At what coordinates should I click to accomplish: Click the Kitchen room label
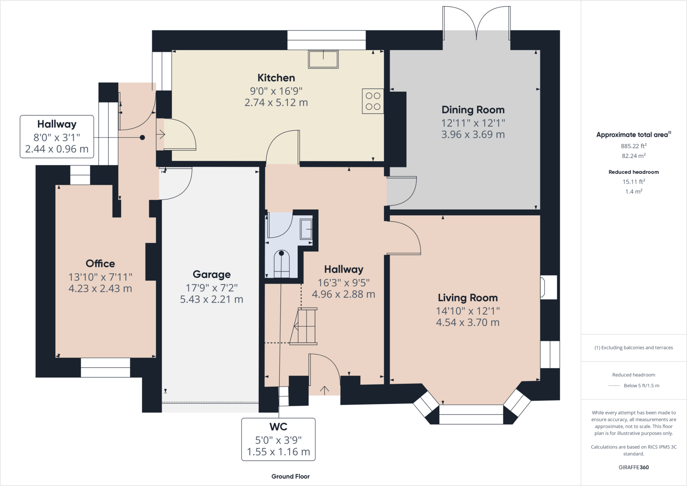pos(276,78)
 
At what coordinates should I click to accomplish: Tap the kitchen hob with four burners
pos(373,101)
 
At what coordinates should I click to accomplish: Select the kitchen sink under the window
pos(323,59)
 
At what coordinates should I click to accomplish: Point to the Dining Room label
pos(473,110)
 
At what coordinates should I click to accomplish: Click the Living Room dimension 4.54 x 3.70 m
pos(468,322)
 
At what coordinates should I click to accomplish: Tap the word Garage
pos(212,274)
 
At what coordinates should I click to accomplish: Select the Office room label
pos(100,264)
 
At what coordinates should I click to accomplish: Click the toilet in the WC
pos(281,264)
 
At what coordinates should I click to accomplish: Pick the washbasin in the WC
pos(306,229)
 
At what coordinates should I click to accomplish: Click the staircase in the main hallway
pos(304,326)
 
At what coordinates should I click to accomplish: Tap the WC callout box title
pos(278,427)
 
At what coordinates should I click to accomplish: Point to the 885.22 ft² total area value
pos(634,146)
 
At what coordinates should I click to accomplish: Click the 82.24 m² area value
pos(634,156)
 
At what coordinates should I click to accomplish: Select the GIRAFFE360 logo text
pos(634,467)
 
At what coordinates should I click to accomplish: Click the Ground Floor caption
pos(290,476)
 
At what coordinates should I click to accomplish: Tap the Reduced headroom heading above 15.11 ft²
pos(634,172)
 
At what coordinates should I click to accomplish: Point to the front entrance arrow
pos(324,390)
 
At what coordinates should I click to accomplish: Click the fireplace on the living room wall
pos(548,287)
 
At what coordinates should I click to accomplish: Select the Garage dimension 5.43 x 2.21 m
pos(212,299)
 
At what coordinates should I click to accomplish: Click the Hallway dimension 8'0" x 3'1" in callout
pos(57,138)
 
